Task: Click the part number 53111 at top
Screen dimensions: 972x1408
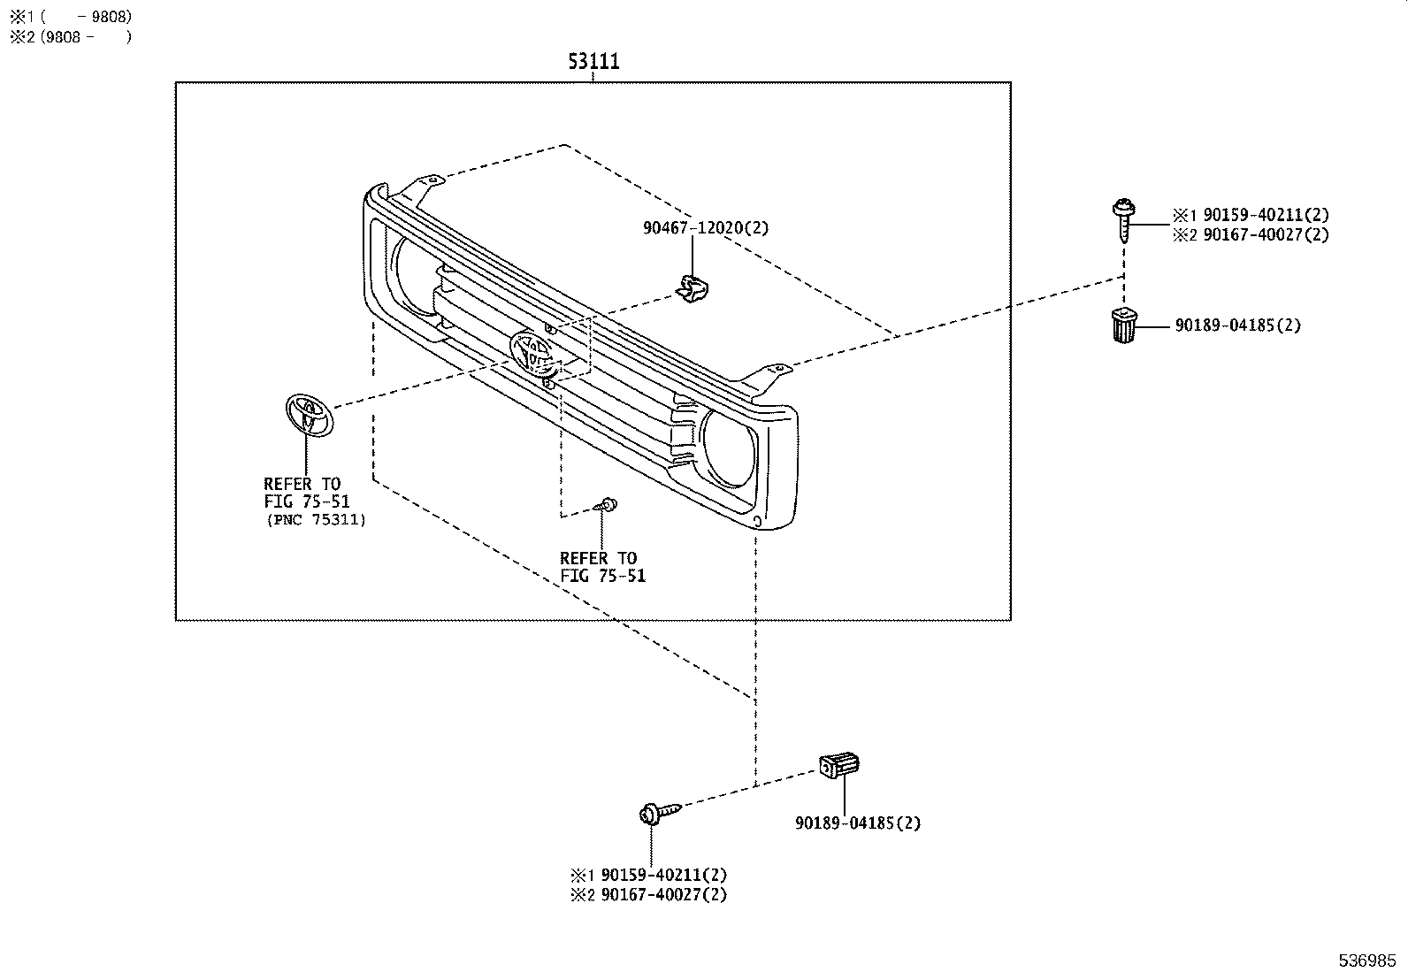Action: click(593, 61)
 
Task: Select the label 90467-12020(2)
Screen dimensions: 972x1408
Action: click(705, 228)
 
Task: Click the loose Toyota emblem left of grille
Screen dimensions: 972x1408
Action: click(309, 415)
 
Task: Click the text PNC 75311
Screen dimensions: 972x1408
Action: click(316, 520)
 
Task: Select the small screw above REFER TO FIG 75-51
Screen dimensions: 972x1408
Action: click(607, 505)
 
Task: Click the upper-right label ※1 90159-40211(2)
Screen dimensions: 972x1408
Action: click(1251, 215)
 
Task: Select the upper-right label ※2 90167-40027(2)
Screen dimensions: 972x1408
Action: click(1251, 235)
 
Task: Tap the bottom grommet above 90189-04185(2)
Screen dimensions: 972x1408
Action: click(839, 765)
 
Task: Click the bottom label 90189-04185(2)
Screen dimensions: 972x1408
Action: click(857, 823)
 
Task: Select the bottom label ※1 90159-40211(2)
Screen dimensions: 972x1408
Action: click(648, 875)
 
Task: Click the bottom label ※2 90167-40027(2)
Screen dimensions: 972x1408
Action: click(648, 894)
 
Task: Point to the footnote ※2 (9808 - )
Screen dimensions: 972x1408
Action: click(71, 37)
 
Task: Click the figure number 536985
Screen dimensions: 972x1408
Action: click(1366, 960)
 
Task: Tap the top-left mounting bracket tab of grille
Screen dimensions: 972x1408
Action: click(426, 185)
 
